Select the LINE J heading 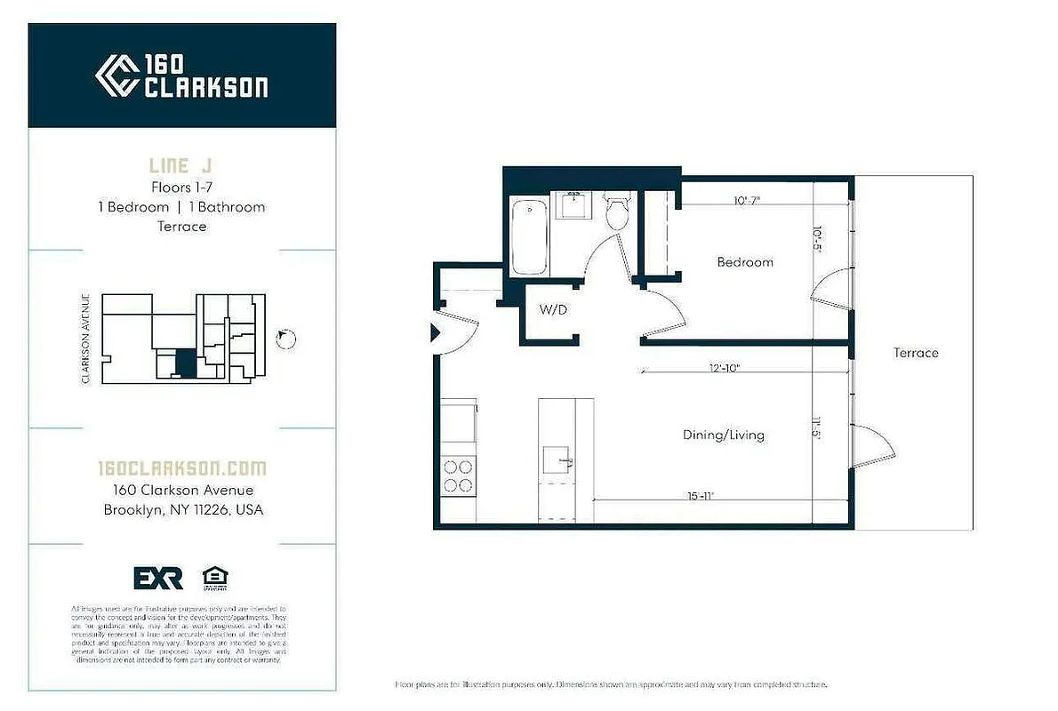(181, 166)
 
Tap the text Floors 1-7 (181, 188)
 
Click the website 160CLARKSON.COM (181, 468)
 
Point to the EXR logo (158, 578)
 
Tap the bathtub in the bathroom (530, 237)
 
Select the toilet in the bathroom (615, 212)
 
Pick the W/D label (552, 311)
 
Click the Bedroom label (745, 262)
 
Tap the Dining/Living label (724, 435)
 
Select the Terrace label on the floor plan (916, 353)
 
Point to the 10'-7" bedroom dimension (748, 201)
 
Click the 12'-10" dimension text (725, 367)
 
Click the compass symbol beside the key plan (286, 339)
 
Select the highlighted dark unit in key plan (183, 363)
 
